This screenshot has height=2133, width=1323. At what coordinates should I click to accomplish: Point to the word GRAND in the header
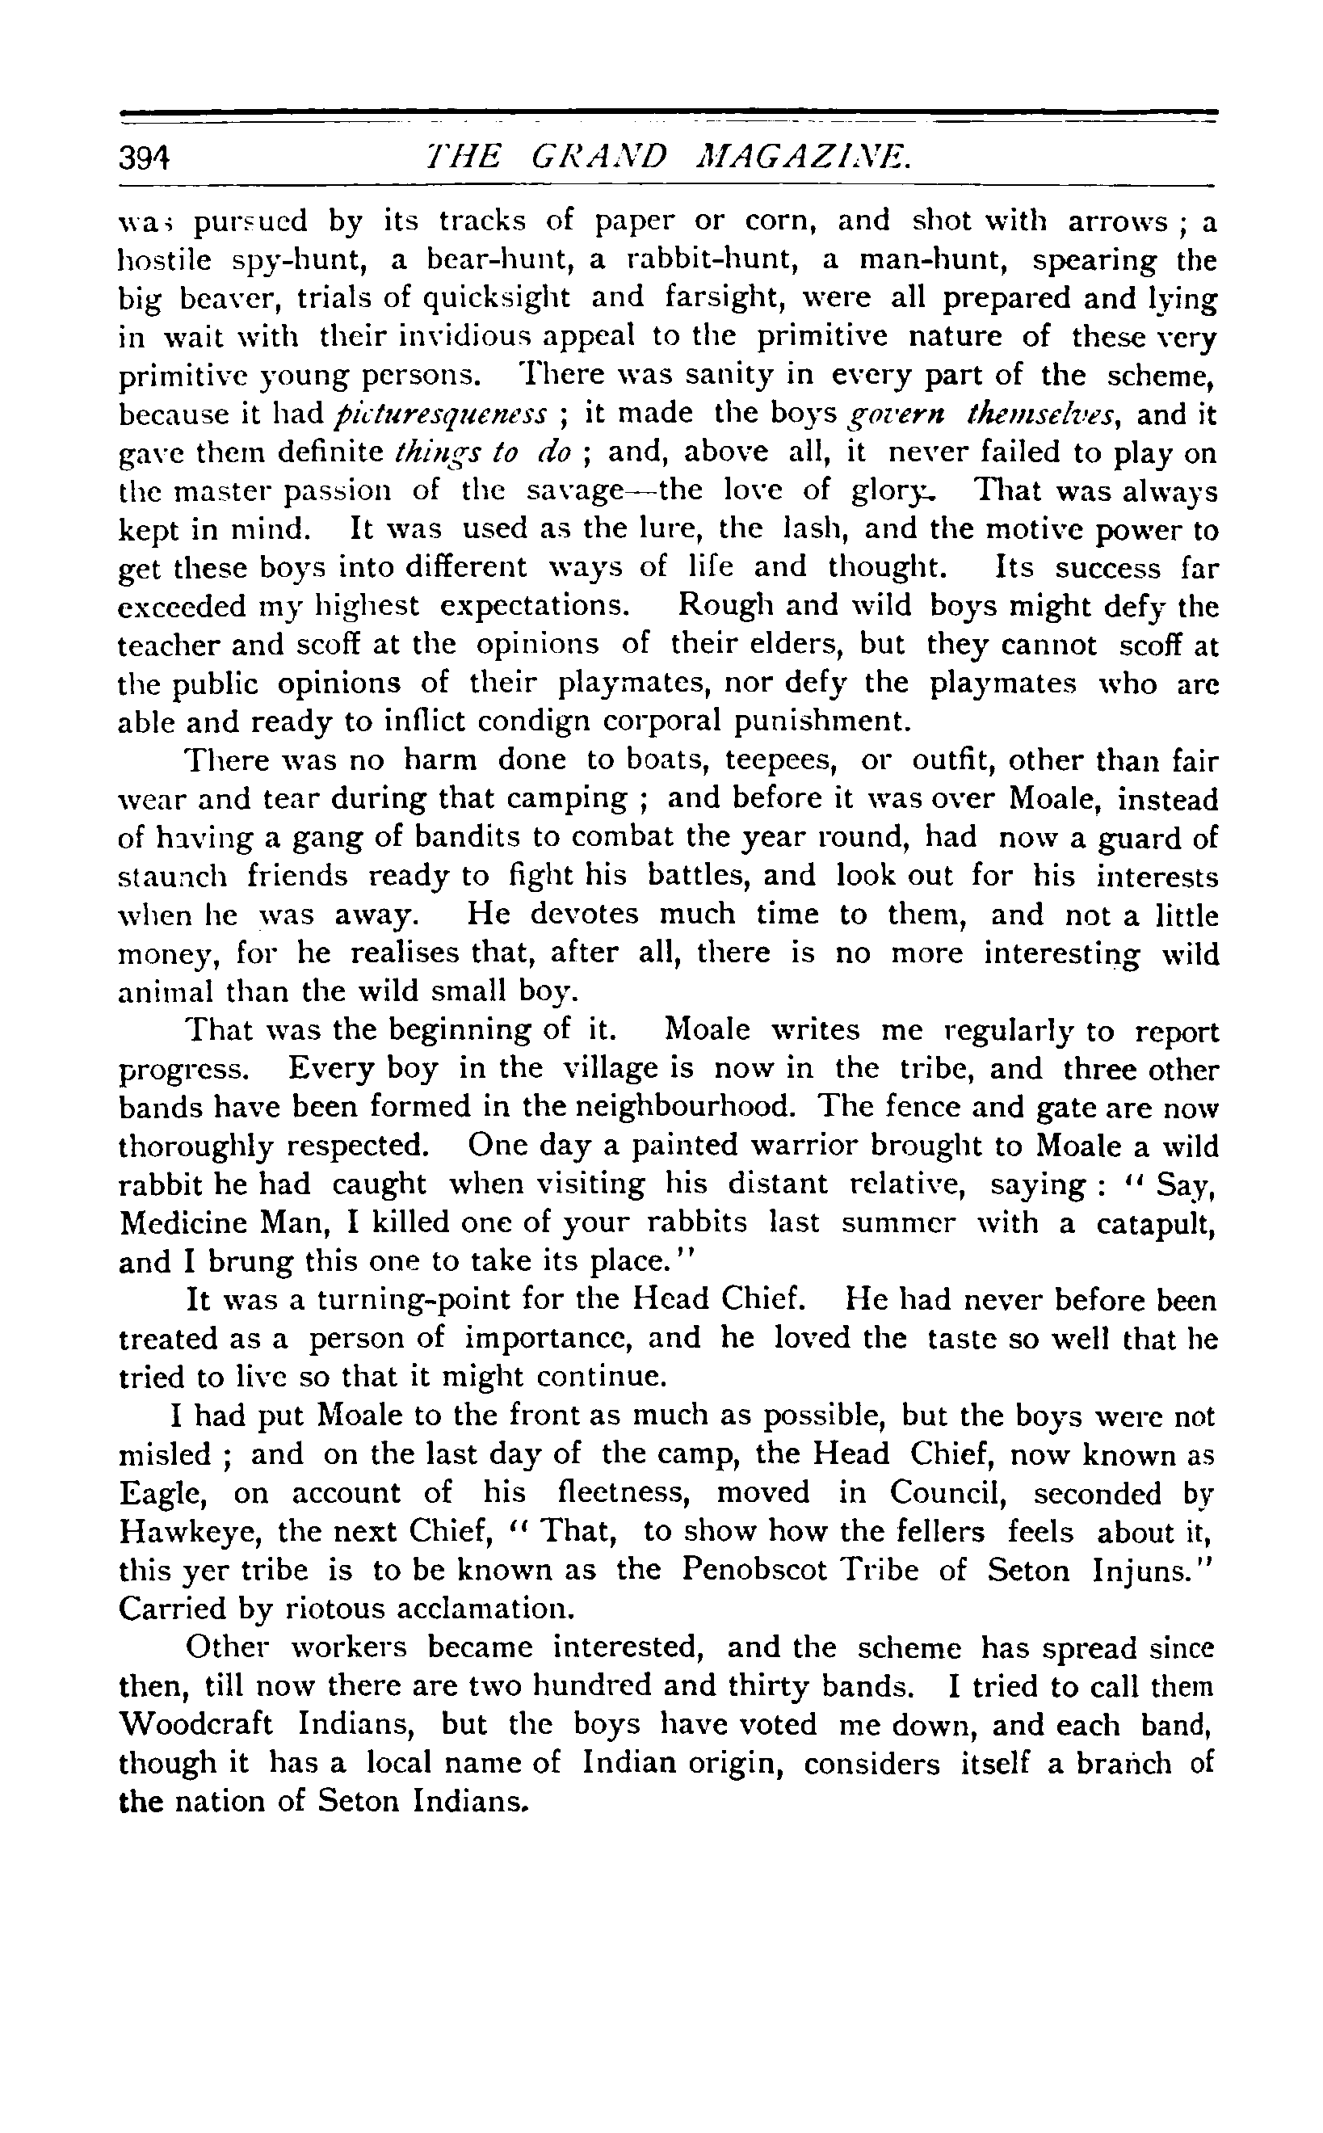click(x=598, y=158)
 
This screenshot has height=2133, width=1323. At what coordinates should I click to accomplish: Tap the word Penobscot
click(x=754, y=1570)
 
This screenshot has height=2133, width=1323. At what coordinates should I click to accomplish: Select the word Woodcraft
click(x=196, y=1724)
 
